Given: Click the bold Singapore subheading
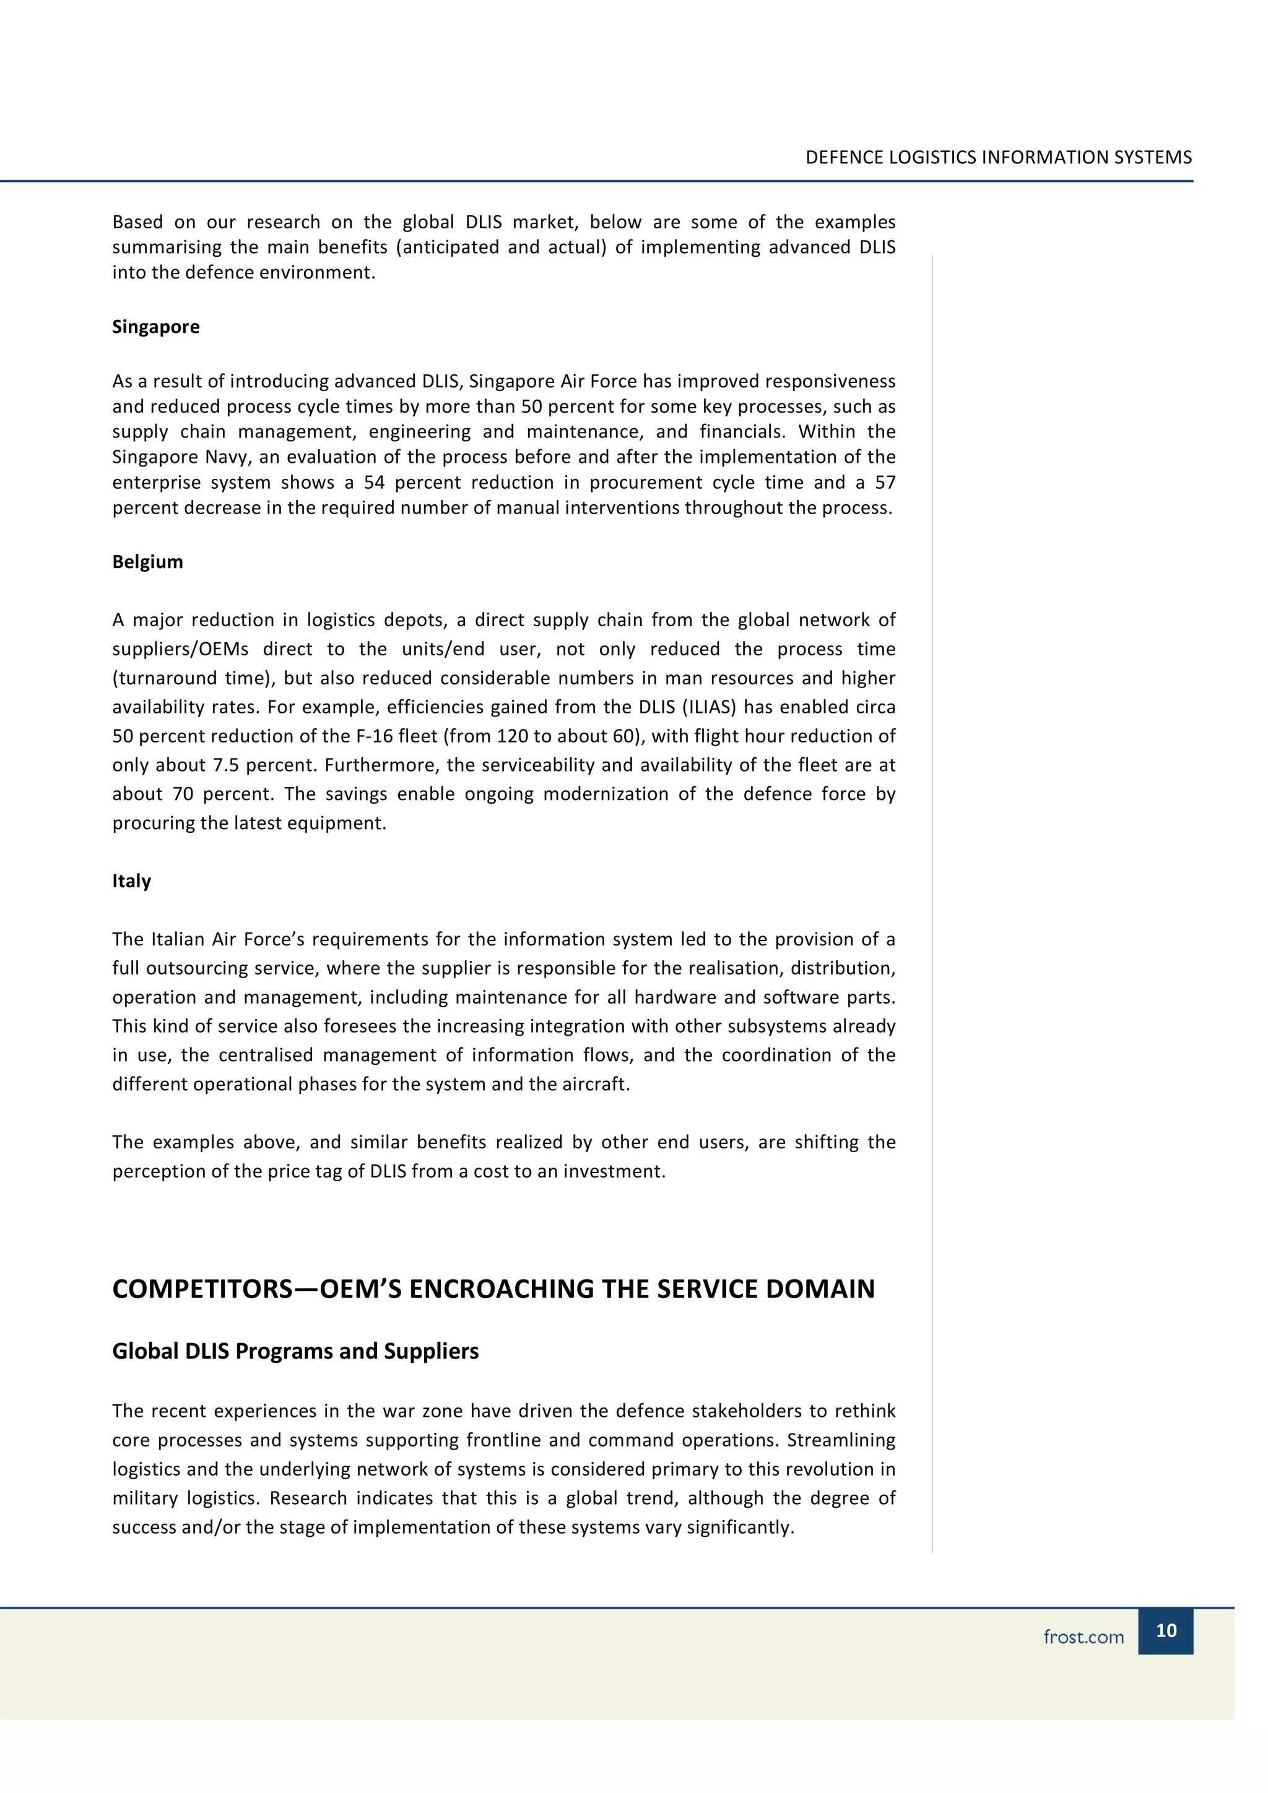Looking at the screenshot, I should coord(155,327).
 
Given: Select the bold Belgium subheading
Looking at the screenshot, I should coord(147,562).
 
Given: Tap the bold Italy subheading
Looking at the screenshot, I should coord(131,881).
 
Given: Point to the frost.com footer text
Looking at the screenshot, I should coord(1083,1637).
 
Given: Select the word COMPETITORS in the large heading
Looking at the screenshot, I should coord(202,1289).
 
